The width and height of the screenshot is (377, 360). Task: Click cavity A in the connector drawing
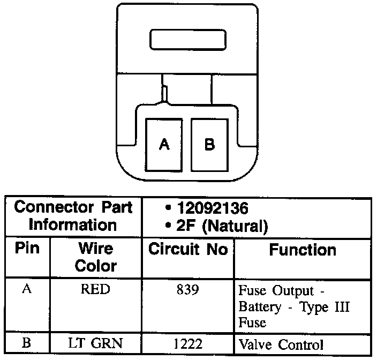164,144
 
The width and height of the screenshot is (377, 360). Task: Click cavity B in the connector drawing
210,144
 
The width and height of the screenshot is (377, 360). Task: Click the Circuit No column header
188,250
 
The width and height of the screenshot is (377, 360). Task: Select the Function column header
303,250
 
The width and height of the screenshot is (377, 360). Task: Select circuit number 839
188,290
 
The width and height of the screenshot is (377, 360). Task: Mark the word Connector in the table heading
49,207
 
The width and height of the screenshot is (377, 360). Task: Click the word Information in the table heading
73,224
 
